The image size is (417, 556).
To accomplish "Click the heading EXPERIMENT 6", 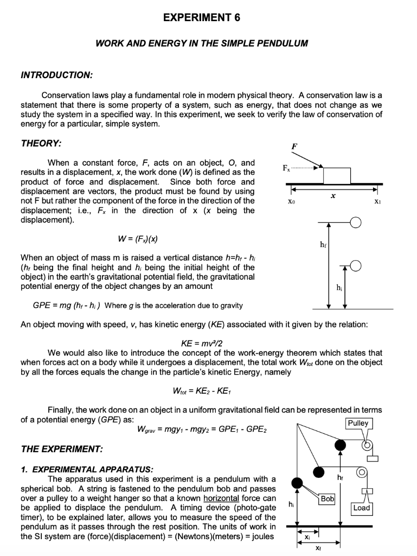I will tap(202, 17).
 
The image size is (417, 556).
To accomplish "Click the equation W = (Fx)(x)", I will tap(137, 239).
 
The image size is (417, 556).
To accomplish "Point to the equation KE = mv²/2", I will tap(201, 343).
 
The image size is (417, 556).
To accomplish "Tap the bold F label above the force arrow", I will tap(294, 147).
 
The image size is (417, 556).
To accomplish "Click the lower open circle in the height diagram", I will tap(356, 266).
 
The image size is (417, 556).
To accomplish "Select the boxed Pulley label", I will tap(358, 423).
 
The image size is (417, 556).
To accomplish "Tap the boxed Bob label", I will tap(328, 498).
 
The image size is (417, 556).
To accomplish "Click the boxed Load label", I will tap(361, 508).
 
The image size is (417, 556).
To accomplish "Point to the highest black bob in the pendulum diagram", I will tap(340, 446).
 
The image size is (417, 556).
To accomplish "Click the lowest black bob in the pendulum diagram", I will tap(297, 483).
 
